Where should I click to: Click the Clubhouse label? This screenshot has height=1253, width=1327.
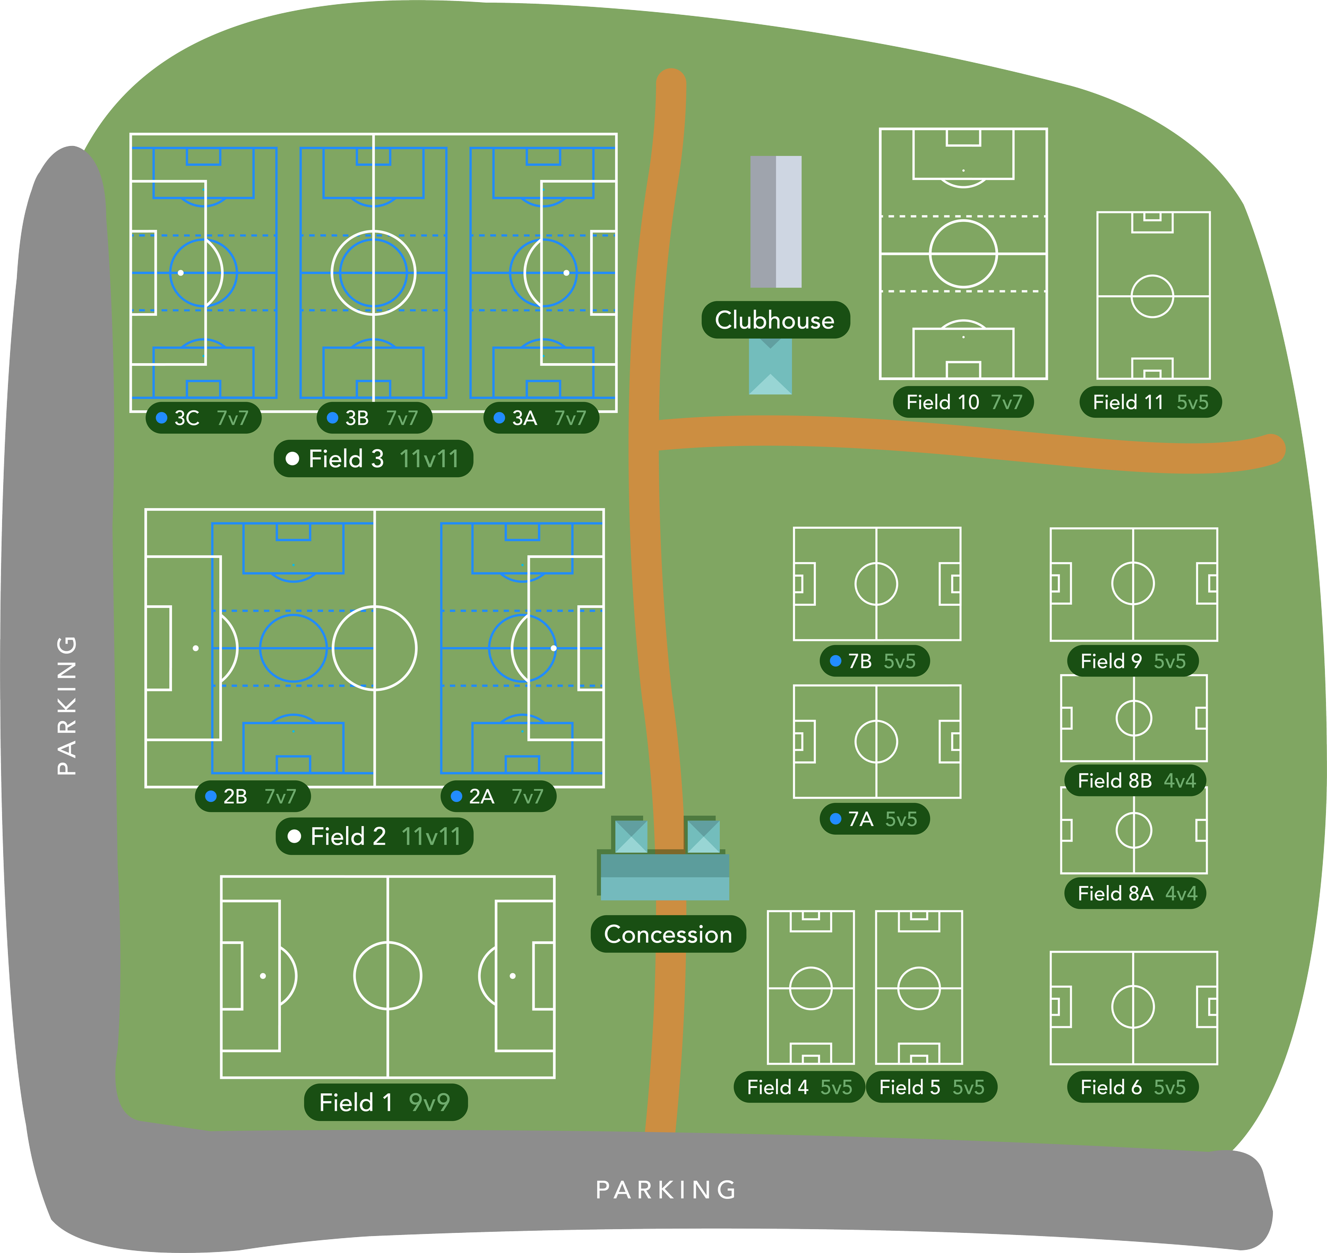(774, 320)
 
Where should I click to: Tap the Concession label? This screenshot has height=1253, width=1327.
(668, 934)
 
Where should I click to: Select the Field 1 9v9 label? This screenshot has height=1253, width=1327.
(385, 1102)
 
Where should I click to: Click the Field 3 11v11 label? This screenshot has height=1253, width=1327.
(373, 459)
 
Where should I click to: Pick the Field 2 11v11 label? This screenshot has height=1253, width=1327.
(375, 836)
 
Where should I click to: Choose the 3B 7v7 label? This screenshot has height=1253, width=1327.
(374, 418)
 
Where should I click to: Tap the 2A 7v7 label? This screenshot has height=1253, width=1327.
(498, 796)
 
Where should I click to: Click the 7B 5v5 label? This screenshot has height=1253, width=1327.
(874, 661)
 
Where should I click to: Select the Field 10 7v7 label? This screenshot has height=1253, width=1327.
(963, 402)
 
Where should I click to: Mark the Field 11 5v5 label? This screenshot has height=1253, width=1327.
(1150, 402)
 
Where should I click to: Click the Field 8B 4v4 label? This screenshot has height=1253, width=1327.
(1135, 780)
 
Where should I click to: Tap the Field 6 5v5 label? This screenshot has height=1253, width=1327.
(1133, 1087)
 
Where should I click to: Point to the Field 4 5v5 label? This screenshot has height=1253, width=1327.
(799, 1087)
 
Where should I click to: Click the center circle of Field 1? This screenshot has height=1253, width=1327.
(387, 976)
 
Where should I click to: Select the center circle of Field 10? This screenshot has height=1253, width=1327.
(963, 254)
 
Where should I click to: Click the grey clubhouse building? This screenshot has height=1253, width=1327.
(775, 222)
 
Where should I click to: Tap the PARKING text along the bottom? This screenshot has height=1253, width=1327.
(667, 1189)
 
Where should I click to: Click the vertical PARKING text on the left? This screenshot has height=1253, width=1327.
(67, 705)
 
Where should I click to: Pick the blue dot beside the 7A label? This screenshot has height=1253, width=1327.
(835, 819)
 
